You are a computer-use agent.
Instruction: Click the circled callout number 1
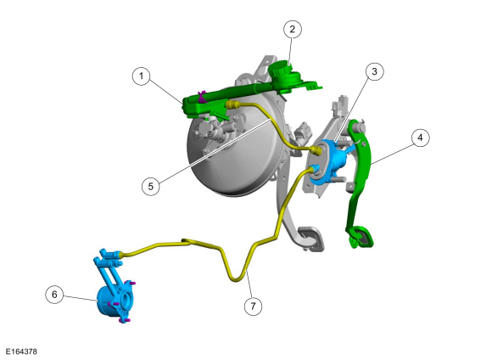(141, 76)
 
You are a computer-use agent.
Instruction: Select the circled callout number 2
(293, 29)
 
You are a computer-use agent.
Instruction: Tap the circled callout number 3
(374, 71)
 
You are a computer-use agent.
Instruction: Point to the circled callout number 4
(420, 138)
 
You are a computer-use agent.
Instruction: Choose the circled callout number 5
(151, 186)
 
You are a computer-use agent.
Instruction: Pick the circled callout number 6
(54, 295)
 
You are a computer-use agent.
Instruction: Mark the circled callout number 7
(253, 306)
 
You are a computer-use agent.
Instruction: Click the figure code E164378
(21, 352)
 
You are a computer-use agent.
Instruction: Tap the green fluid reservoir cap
(280, 69)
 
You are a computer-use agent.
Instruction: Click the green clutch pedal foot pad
(361, 236)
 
